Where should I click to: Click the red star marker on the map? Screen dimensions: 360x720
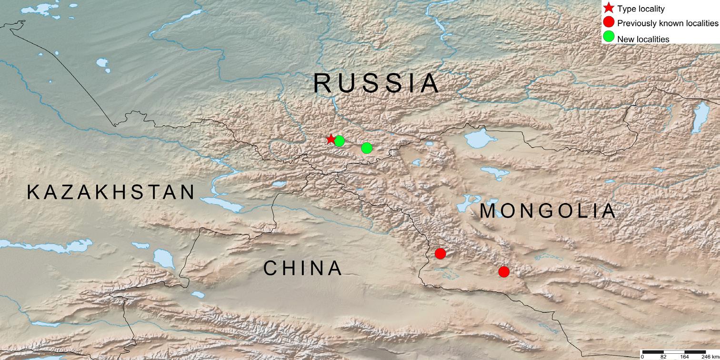coord(330,139)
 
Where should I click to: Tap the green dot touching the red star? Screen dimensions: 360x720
coord(339,141)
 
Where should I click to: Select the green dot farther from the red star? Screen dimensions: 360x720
coord(367,148)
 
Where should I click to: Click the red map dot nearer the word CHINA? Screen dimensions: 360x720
coord(440,253)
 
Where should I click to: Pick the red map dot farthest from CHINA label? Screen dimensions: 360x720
coord(504,271)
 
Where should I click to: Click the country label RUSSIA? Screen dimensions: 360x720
coord(376,84)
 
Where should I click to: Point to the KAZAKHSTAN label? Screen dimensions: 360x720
coord(111,192)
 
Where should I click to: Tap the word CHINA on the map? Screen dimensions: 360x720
coord(303,269)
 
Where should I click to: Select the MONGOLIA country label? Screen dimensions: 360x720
coord(548,211)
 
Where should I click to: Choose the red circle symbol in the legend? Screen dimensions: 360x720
coord(608,22)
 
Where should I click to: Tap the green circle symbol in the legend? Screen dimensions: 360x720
coord(608,37)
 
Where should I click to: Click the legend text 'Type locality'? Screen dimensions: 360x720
coord(641,9)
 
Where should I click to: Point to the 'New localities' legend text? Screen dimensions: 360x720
coord(643,39)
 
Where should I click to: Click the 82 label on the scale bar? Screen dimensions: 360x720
coord(663,357)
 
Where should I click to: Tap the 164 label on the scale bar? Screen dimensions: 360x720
coord(684,357)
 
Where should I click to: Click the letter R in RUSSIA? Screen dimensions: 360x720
coord(322,84)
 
